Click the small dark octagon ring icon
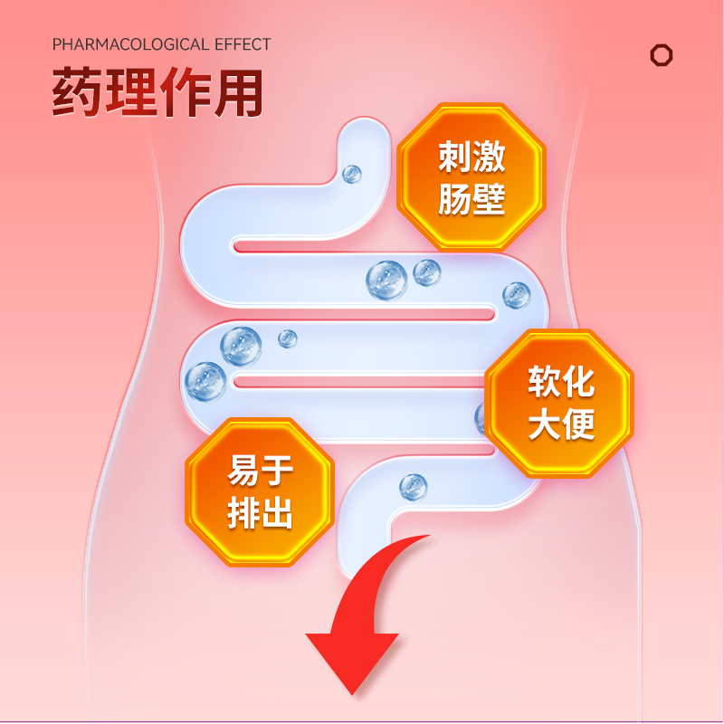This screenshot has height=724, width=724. [662, 55]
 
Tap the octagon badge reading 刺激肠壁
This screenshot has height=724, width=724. [471, 178]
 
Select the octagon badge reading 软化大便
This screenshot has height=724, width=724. [560, 403]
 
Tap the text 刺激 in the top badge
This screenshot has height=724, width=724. [471, 157]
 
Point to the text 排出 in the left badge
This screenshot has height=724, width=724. [260, 514]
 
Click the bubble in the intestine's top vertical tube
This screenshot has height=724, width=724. [351, 173]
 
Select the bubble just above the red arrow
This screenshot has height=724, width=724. [413, 486]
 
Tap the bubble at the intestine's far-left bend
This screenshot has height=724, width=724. [205, 380]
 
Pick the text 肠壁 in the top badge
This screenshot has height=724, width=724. [471, 200]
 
